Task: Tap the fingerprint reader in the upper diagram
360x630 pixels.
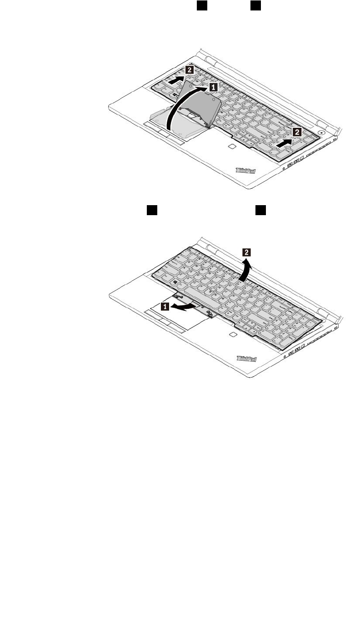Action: point(231,147)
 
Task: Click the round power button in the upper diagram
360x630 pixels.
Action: point(322,133)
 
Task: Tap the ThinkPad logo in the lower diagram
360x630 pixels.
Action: point(246,358)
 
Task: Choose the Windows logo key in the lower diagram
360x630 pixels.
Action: point(175,283)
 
